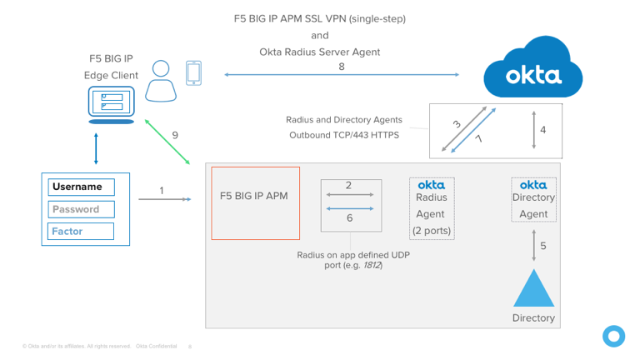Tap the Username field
(x=80, y=187)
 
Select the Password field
(x=80, y=209)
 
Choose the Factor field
(x=80, y=231)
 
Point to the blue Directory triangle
(x=533, y=288)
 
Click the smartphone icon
(x=193, y=72)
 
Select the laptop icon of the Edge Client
(x=111, y=107)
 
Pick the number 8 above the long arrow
(x=342, y=66)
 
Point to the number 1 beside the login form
(x=162, y=191)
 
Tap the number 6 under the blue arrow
(x=350, y=217)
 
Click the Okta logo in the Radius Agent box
(x=431, y=184)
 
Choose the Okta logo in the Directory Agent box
(x=533, y=184)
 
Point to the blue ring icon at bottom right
(x=614, y=336)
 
